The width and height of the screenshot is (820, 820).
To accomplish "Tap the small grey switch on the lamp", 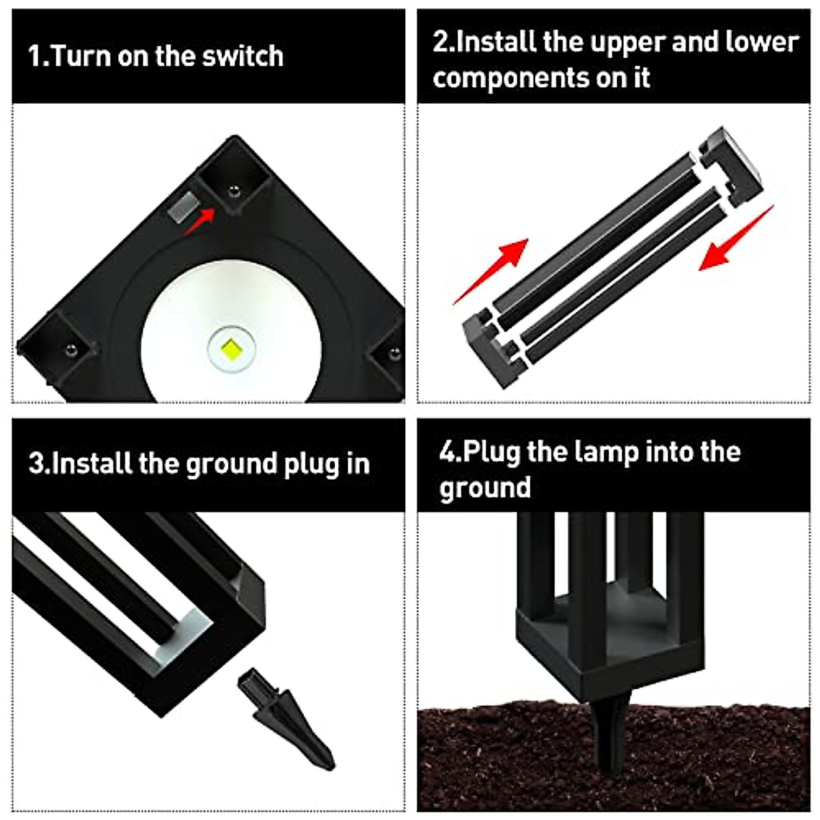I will click(x=182, y=207).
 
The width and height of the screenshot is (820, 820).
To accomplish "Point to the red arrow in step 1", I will click(x=201, y=220).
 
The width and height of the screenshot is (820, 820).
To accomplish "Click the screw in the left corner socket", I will click(x=69, y=351).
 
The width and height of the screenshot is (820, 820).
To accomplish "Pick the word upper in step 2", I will click(x=627, y=42).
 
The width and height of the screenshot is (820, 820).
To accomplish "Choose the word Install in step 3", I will click(x=92, y=464).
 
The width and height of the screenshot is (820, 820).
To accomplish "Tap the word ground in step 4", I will click(x=484, y=489).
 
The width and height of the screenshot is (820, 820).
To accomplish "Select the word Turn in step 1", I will click(x=81, y=56).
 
